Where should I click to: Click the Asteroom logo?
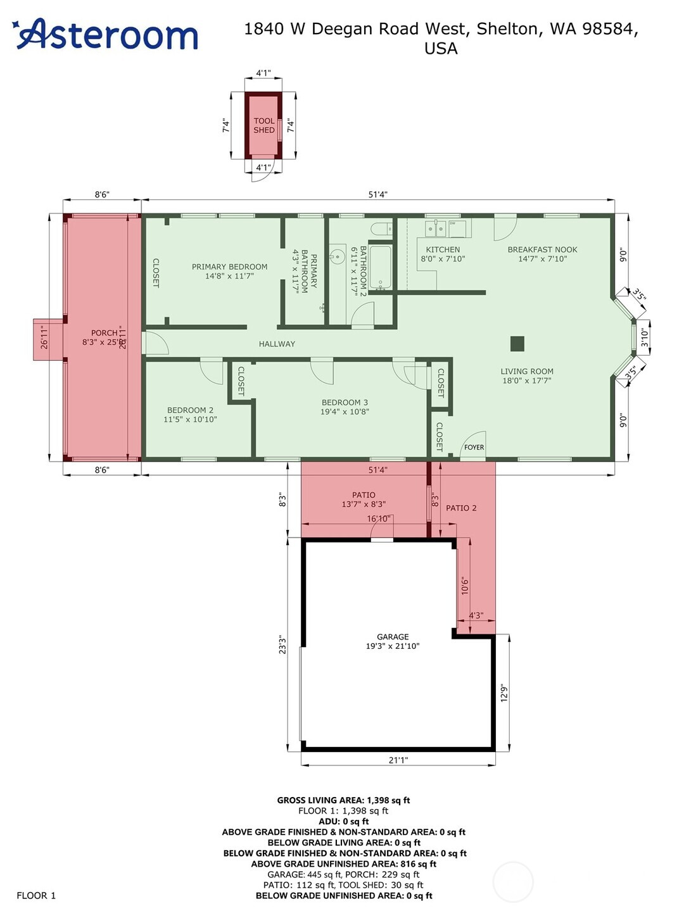pyautogui.click(x=105, y=34)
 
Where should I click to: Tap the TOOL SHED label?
pyautogui.click(x=264, y=125)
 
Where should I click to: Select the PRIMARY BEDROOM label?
pyautogui.click(x=229, y=271)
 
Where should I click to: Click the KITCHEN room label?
pyautogui.click(x=443, y=254)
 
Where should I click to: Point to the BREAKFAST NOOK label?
pyautogui.click(x=542, y=254)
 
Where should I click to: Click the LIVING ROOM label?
pyautogui.click(x=527, y=376)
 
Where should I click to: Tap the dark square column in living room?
pyautogui.click(x=517, y=343)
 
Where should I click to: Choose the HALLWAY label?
pyautogui.click(x=277, y=344)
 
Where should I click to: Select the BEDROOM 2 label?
pyautogui.click(x=190, y=415)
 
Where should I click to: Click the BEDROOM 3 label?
pyautogui.click(x=345, y=406)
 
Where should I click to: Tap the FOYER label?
pyautogui.click(x=474, y=447)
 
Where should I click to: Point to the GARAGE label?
pyautogui.click(x=393, y=641)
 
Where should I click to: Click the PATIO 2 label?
pyautogui.click(x=461, y=508)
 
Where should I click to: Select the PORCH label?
pyautogui.click(x=104, y=337)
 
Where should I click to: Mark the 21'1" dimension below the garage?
pyautogui.click(x=398, y=760)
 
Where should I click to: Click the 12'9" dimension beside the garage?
pyautogui.click(x=504, y=693)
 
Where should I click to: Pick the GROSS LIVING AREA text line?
pyautogui.click(x=343, y=800)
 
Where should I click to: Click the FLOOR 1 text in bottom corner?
pyautogui.click(x=36, y=895)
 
